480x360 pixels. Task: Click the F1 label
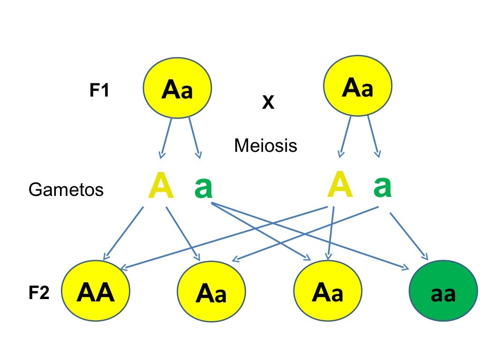tap(99, 90)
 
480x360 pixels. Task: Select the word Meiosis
tap(265, 146)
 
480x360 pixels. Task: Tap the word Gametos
tap(66, 190)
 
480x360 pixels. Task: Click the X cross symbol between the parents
tap(268, 103)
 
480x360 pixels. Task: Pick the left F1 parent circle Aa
tap(177, 90)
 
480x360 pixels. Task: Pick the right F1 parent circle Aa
tap(358, 88)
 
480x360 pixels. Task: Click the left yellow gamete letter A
tap(160, 187)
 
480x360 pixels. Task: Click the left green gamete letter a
tap(203, 187)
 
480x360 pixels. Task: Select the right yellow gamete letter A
tap(340, 186)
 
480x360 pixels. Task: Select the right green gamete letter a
tap(382, 186)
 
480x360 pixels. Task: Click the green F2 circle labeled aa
tap(443, 294)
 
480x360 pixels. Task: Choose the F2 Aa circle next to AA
tap(211, 294)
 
